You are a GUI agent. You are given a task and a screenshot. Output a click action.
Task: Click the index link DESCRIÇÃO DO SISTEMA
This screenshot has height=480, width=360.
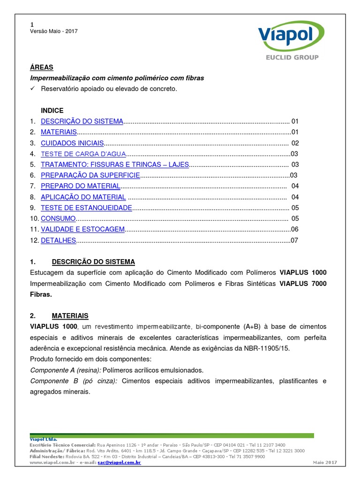(82, 121)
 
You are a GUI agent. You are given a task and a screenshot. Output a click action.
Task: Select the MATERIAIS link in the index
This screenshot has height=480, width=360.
(59, 132)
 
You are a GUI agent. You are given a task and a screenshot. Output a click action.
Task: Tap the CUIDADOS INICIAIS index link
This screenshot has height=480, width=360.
(72, 143)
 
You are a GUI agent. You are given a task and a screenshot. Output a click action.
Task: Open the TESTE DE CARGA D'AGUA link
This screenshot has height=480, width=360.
(83, 154)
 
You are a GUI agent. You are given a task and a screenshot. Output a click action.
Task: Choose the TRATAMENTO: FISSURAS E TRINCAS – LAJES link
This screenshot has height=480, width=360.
(114, 165)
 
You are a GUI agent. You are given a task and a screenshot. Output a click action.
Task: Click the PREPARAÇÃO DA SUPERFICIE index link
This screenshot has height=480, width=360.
(90, 175)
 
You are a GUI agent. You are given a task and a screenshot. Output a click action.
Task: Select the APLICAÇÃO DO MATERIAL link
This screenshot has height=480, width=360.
(83, 197)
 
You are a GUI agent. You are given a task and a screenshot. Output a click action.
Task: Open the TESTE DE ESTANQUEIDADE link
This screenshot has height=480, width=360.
(86, 208)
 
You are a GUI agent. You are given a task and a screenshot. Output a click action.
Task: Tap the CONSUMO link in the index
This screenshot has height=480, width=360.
(58, 218)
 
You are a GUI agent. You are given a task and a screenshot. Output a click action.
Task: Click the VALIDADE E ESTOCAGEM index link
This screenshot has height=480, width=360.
(82, 229)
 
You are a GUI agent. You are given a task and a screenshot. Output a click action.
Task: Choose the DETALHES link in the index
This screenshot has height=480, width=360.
(58, 240)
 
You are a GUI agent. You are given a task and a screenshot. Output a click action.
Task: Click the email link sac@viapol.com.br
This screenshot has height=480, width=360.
(119, 462)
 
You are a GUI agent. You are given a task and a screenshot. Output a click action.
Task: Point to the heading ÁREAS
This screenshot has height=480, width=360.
(42, 67)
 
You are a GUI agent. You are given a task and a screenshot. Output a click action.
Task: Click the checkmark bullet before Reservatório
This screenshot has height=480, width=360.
(32, 89)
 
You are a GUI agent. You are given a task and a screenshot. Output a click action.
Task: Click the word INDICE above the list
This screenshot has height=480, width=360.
(52, 111)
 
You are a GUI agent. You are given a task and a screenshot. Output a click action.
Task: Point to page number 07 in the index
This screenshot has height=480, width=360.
(294, 240)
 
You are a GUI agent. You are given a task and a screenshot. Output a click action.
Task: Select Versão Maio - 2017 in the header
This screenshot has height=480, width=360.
(53, 31)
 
